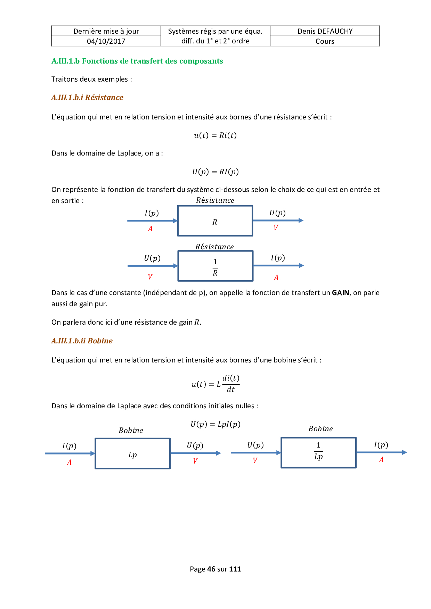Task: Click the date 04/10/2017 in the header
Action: [x=106, y=41]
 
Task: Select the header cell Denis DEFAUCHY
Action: [x=325, y=31]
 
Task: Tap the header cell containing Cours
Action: [x=325, y=41]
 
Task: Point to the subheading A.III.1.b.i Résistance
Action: [x=87, y=98]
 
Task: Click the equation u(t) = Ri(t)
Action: [x=215, y=135]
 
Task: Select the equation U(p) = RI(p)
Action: [x=215, y=172]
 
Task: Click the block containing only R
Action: [x=215, y=221]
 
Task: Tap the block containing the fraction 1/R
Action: [x=215, y=266]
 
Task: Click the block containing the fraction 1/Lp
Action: [x=318, y=453]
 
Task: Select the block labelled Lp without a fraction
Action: [x=132, y=454]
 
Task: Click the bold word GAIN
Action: [x=340, y=293]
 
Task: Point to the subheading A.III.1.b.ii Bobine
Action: [x=82, y=341]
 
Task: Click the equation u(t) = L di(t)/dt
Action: [x=215, y=384]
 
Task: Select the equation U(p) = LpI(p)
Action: [x=215, y=424]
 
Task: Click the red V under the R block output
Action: [x=276, y=228]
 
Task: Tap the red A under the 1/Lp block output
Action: [x=381, y=460]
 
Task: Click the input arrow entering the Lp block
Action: [x=70, y=453]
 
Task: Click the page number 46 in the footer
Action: [x=211, y=569]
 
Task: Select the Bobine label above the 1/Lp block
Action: [x=320, y=429]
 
